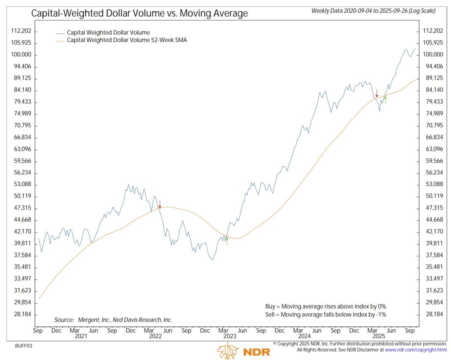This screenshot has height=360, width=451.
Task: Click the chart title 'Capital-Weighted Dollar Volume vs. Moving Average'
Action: coord(139,14)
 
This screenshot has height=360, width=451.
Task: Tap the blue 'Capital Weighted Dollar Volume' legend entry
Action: coord(108,33)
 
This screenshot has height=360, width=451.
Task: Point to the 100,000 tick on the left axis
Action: coord(22,55)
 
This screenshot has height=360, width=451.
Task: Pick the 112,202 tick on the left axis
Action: coord(22,31)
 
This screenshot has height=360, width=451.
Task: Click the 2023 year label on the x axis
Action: coord(229,336)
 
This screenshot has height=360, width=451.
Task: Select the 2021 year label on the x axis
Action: coord(81,336)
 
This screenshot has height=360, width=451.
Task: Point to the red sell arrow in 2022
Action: coord(160,204)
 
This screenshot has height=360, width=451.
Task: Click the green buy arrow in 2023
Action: coord(227,240)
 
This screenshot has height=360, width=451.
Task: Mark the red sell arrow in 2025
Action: coord(377,93)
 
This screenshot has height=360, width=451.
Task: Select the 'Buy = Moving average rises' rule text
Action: coord(323,306)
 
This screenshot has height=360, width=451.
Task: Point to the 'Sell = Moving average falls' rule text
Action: coord(323,314)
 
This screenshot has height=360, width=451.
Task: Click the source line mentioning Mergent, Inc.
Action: coord(113,320)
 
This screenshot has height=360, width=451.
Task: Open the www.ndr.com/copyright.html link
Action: coord(416,350)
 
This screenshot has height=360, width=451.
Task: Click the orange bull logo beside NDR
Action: coord(227,351)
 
